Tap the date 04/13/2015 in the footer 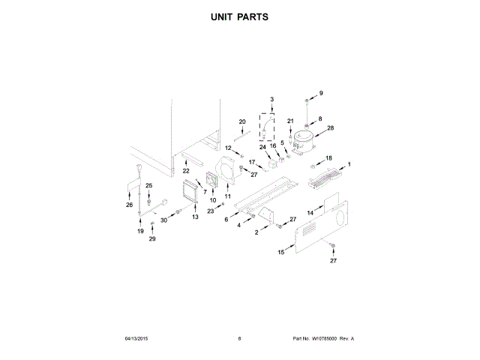(138, 338)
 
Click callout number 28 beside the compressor (331, 128)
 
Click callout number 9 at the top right (321, 93)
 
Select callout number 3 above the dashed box (272, 100)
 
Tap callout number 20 (242, 121)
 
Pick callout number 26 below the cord (129, 204)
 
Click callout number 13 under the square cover (195, 217)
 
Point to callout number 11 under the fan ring (228, 196)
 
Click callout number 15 (281, 253)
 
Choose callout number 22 (186, 171)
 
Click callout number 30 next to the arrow (164, 220)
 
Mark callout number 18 (328, 158)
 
